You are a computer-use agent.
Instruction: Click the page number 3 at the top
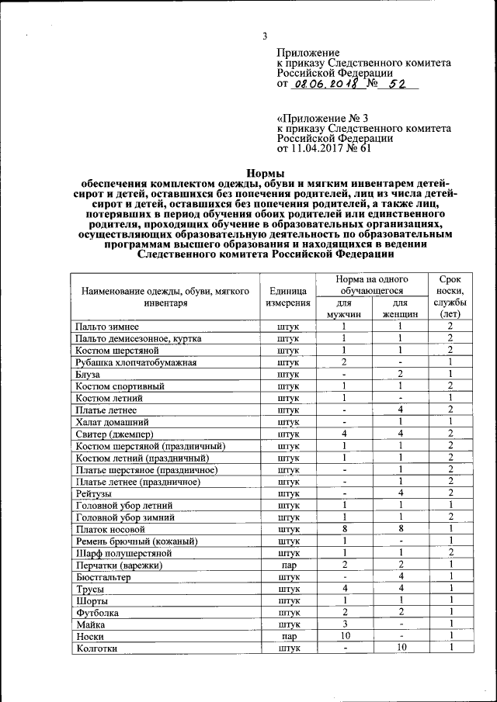(264, 36)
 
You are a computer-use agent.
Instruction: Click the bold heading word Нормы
(264, 173)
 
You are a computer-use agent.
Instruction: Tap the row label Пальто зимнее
(108, 327)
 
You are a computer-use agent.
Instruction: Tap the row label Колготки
(96, 648)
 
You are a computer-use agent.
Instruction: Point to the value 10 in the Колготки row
(399, 648)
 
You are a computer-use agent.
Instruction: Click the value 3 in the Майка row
(343, 624)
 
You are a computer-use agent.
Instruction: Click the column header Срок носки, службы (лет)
(450, 296)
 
